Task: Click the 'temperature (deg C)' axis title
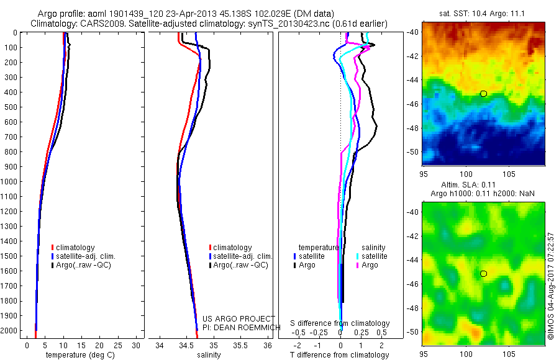tap(78, 355)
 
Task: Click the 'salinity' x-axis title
tap(208, 355)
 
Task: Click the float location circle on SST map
tap(483, 94)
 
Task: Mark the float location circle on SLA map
tap(483, 274)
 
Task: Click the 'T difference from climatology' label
tap(340, 355)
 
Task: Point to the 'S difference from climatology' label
tap(340, 323)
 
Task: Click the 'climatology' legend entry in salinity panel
tap(232, 247)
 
